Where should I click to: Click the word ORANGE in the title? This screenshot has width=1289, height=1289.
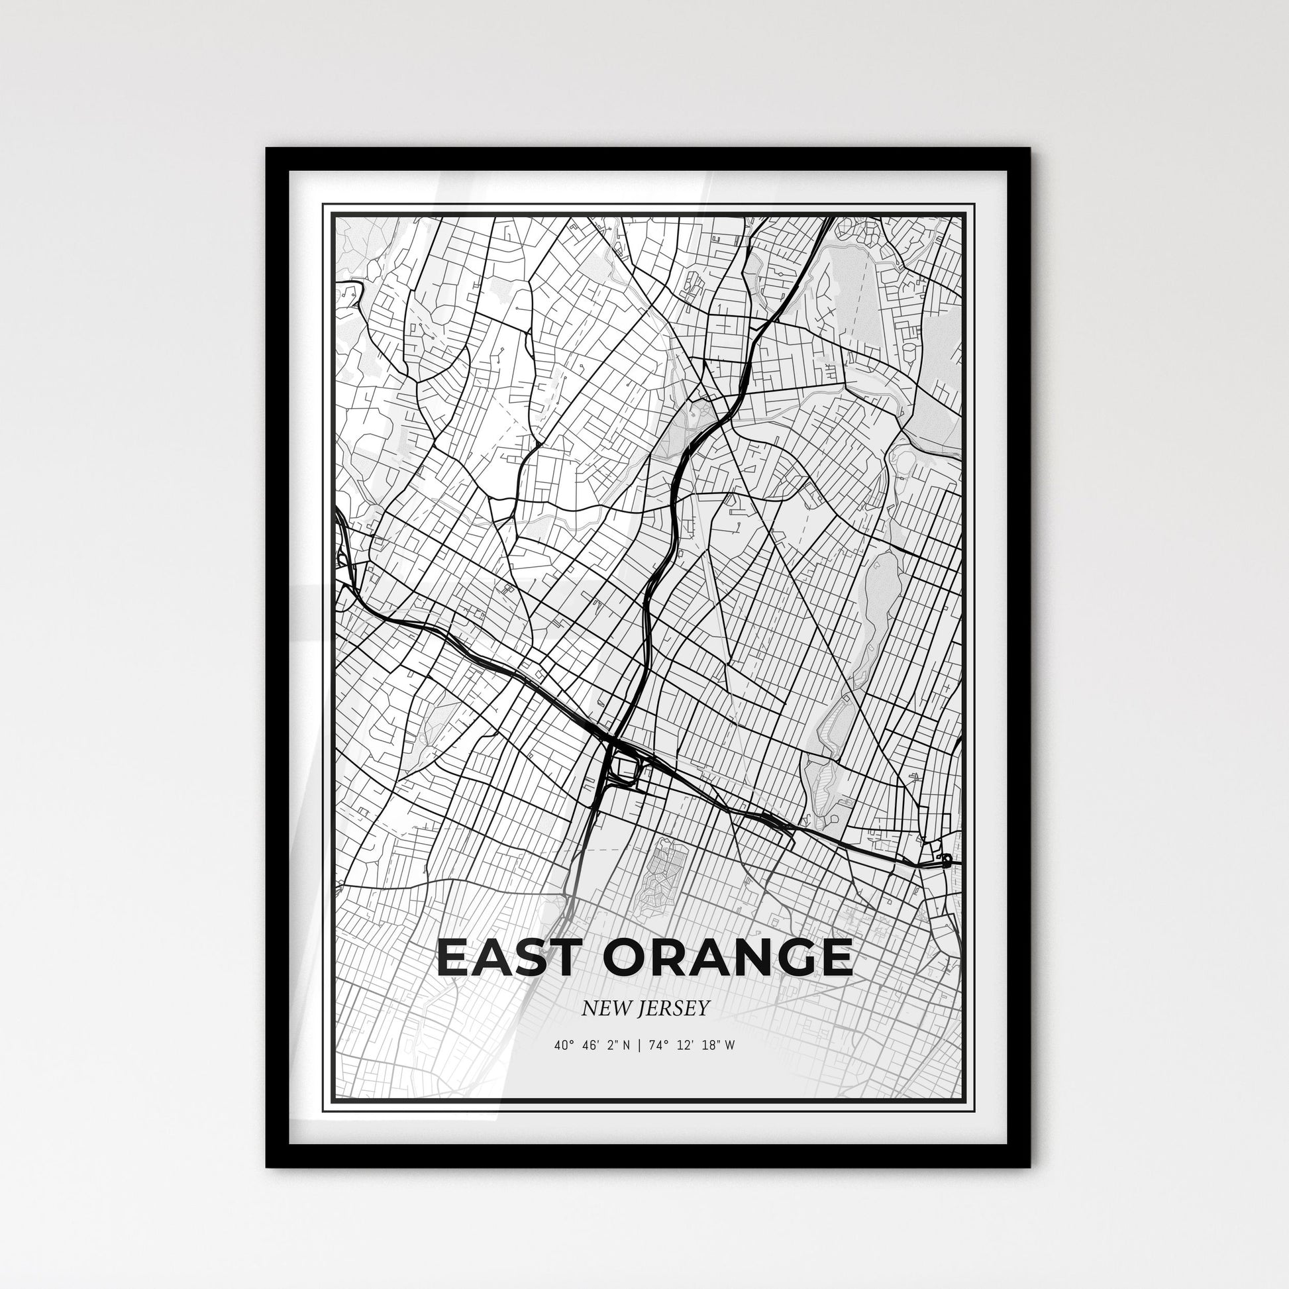tap(728, 958)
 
